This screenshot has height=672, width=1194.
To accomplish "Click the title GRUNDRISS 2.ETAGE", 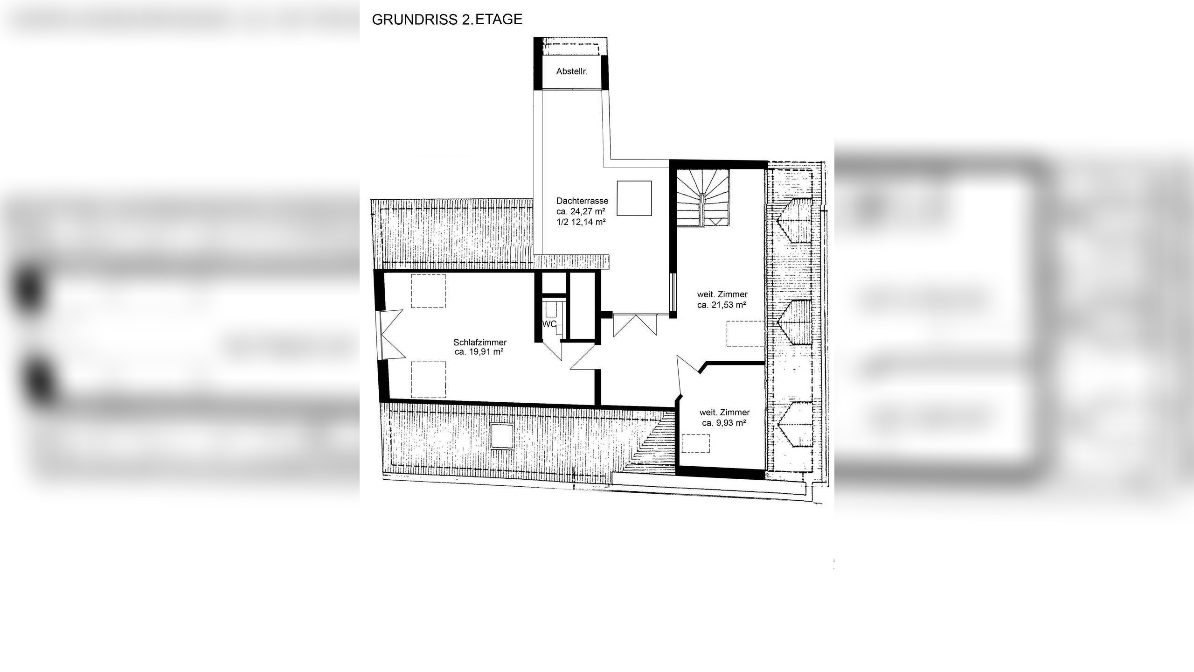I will point(447,20).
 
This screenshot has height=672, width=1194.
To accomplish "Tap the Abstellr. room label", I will point(571,71).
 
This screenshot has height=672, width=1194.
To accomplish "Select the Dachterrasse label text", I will point(582,201).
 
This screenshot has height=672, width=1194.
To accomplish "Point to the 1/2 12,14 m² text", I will point(581,222).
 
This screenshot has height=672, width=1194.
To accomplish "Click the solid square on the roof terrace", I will point(634,198).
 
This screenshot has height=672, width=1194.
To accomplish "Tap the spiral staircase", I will point(702,198).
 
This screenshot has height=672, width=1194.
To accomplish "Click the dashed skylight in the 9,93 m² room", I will point(695,443).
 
